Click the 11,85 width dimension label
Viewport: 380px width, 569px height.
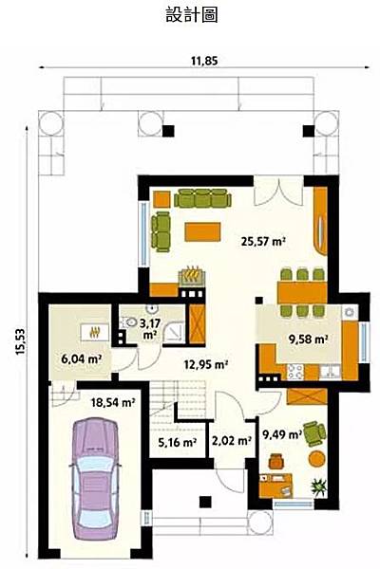pyautogui.click(x=204, y=61)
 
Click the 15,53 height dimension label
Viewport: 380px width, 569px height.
pyautogui.click(x=20, y=341)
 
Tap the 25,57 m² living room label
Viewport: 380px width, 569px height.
pyautogui.click(x=262, y=241)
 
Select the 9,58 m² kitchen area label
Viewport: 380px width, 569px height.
pyautogui.click(x=309, y=339)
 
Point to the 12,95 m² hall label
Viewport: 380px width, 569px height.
pyautogui.click(x=206, y=364)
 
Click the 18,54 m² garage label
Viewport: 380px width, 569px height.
pyautogui.click(x=113, y=402)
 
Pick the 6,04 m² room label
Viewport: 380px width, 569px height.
pyautogui.click(x=81, y=358)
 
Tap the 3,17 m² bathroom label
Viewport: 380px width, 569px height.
pyautogui.click(x=149, y=328)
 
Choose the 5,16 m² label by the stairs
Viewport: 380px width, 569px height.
pyautogui.click(x=177, y=442)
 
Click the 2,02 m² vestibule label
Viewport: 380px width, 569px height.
pyautogui.click(x=232, y=441)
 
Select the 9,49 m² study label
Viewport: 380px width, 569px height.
pyautogui.click(x=282, y=434)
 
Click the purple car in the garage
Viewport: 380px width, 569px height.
pyautogui.click(x=95, y=479)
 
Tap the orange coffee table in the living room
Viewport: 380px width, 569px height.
pyautogui.click(x=202, y=231)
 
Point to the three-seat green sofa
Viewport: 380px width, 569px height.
pyautogui.click(x=202, y=198)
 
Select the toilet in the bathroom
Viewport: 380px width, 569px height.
pyautogui.click(x=127, y=322)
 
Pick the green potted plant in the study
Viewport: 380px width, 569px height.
pyautogui.click(x=319, y=486)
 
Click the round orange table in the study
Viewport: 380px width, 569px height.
pyautogui.click(x=316, y=458)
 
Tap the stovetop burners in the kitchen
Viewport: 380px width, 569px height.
pyautogui.click(x=294, y=371)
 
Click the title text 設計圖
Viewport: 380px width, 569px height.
pyautogui.click(x=192, y=15)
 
